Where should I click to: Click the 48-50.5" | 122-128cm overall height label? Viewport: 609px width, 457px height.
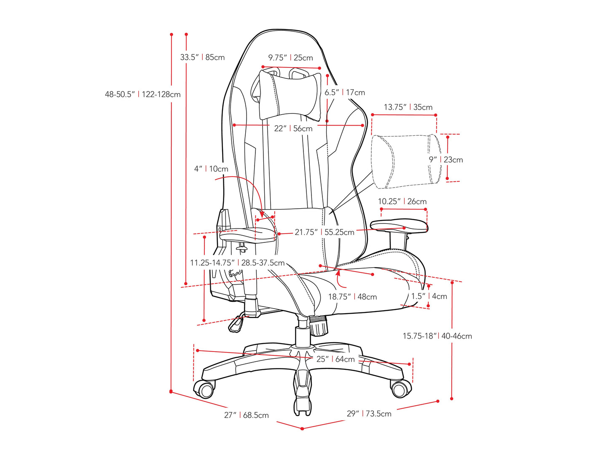pos(142,94)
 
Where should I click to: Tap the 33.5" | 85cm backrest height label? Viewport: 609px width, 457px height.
pos(202,57)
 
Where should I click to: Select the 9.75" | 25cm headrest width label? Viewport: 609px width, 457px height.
pos(290,58)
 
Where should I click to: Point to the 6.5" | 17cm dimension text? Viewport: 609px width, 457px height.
pos(345,92)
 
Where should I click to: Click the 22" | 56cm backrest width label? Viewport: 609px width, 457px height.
pos(293,129)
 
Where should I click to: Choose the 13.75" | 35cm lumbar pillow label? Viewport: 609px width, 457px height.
pos(408,107)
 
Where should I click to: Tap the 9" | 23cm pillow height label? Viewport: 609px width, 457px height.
pos(446,159)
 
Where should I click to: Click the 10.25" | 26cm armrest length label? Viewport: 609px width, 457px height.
pos(402,202)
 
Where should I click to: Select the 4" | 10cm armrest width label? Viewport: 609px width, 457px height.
pos(211,169)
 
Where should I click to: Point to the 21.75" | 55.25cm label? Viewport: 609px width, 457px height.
pos(325,232)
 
